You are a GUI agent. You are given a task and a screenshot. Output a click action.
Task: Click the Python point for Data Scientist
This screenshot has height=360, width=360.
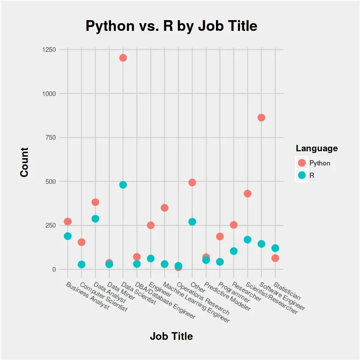(x=123, y=58)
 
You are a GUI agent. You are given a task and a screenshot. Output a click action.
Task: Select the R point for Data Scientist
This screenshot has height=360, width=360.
(x=123, y=185)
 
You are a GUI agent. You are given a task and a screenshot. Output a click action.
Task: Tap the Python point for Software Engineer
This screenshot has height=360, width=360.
(x=261, y=117)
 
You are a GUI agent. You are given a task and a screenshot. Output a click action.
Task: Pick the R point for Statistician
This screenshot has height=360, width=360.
(x=275, y=248)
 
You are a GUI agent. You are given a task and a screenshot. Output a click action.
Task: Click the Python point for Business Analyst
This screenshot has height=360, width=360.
(x=68, y=222)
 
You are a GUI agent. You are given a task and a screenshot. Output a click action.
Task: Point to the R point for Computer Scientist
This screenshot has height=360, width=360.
(x=81, y=264)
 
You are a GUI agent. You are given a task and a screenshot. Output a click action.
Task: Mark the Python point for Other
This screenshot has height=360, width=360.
(x=192, y=183)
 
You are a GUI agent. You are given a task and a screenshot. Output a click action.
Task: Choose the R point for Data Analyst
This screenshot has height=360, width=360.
(x=95, y=219)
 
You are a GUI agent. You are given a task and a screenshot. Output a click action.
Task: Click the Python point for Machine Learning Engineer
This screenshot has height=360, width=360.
(x=165, y=208)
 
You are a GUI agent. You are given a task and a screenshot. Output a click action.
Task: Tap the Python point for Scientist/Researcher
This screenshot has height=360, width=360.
(x=247, y=194)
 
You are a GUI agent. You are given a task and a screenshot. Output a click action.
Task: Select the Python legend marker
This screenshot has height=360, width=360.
(x=302, y=163)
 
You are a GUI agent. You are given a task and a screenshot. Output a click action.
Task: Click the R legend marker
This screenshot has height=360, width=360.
(x=302, y=175)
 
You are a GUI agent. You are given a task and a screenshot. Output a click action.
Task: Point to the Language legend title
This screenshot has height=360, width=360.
(x=317, y=149)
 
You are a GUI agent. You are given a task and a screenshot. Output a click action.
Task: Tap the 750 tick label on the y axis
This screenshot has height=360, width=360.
(x=51, y=138)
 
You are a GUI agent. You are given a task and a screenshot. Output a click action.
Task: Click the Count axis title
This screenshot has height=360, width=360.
(x=24, y=162)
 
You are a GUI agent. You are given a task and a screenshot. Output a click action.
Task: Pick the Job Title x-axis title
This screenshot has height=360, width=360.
(x=171, y=336)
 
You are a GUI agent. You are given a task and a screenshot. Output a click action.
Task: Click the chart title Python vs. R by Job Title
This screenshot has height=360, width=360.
(x=171, y=26)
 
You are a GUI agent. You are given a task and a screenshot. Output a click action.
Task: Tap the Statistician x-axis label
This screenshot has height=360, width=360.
(x=288, y=291)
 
